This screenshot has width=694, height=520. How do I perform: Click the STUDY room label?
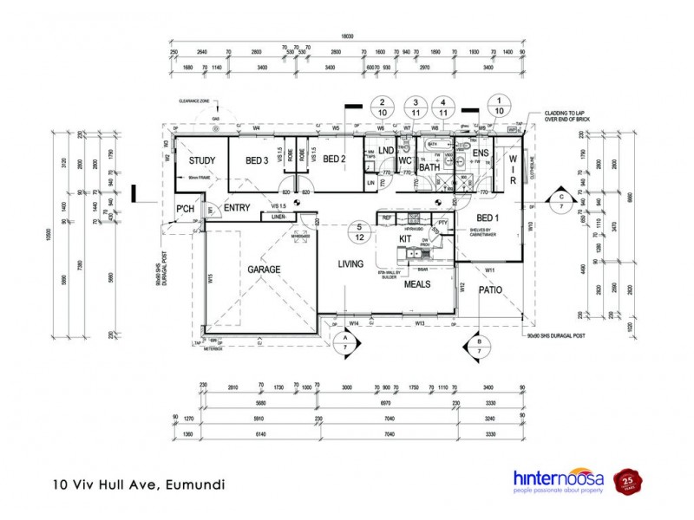[x=202, y=159]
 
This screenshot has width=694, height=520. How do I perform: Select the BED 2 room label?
[x=335, y=159]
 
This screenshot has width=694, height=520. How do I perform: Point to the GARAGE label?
[x=264, y=270]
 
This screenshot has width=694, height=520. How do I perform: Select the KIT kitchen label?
[x=404, y=237]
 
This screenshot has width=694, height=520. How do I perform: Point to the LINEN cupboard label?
[x=278, y=217]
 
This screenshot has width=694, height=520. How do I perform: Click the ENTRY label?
[x=238, y=208]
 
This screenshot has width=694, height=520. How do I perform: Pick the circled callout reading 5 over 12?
[x=358, y=231]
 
